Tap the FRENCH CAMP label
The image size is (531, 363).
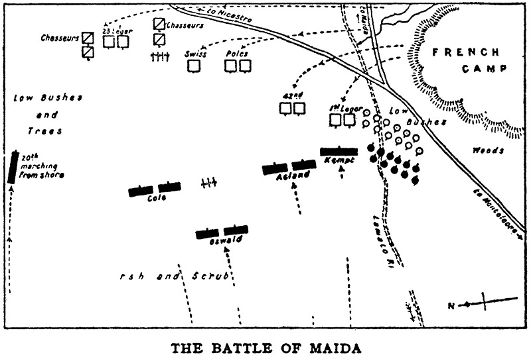coord(466,60)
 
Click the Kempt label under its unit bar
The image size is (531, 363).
coord(337,160)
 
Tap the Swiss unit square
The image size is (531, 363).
coord(193,66)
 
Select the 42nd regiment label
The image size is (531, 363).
coord(292,96)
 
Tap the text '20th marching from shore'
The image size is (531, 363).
coord(38,167)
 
